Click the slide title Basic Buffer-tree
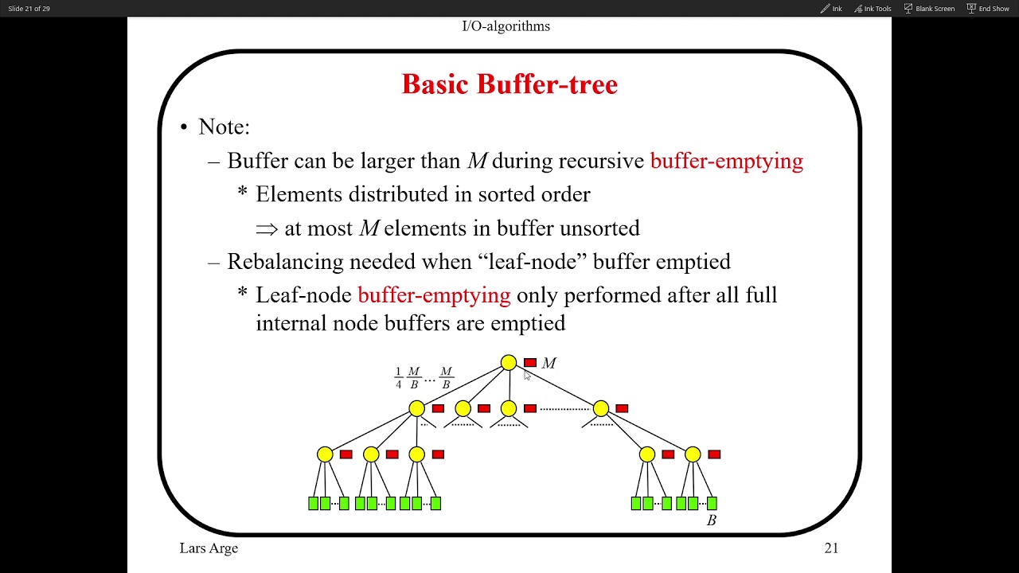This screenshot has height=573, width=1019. pyautogui.click(x=509, y=84)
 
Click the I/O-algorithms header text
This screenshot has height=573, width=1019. pyautogui.click(x=506, y=26)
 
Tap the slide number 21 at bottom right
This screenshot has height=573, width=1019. pyautogui.click(x=831, y=548)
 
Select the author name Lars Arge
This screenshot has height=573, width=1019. pyautogui.click(x=209, y=548)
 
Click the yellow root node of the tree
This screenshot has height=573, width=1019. pyautogui.click(x=509, y=363)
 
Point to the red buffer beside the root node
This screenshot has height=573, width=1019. pyautogui.click(x=530, y=363)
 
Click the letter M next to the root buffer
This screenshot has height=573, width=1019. pyautogui.click(x=549, y=364)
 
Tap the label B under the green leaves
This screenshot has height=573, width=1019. pyautogui.click(x=712, y=520)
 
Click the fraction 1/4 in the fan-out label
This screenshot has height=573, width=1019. pyautogui.click(x=399, y=378)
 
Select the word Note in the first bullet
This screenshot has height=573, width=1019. pyautogui.click(x=223, y=127)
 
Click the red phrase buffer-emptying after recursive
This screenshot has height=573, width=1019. pyautogui.click(x=726, y=161)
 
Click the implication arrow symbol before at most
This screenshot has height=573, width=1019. pyautogui.click(x=267, y=228)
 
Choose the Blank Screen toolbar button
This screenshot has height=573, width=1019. pyautogui.click(x=929, y=9)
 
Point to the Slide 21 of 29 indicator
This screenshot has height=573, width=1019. pyautogui.click(x=29, y=9)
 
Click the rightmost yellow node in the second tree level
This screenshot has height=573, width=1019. pyautogui.click(x=601, y=408)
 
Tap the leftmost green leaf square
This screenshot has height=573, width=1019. pyautogui.click(x=313, y=503)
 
